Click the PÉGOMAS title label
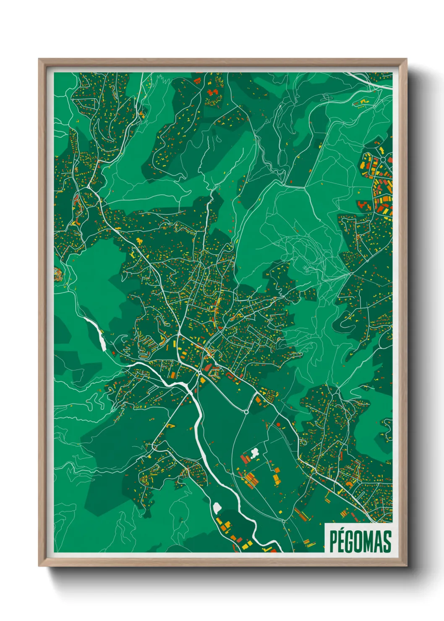pos(360,541)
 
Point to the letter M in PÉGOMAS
pos(370,541)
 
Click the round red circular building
pos(278,425)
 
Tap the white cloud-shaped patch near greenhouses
pos(254,452)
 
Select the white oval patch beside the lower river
pos(217,508)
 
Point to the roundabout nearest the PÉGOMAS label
pos(283,522)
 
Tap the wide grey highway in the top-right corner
pos(369,81)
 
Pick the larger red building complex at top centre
pos(214,96)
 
